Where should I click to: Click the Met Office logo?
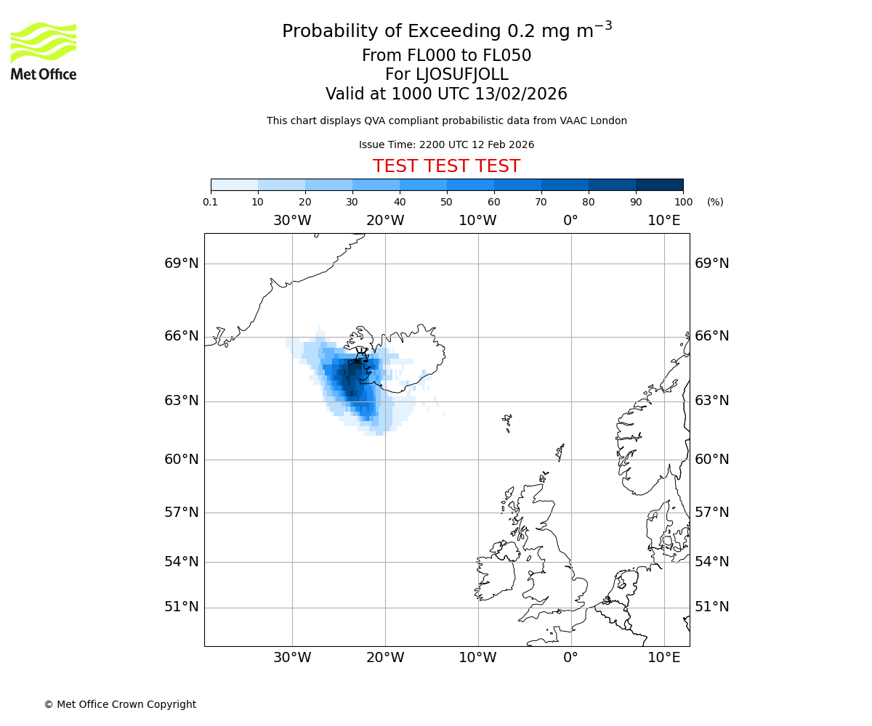(x=44, y=51)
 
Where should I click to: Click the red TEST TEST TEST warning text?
(x=446, y=166)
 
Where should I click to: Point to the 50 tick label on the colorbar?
(x=446, y=202)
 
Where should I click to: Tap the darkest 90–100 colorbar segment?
(x=659, y=184)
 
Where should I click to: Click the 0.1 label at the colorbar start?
(x=211, y=202)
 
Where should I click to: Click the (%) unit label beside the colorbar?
(x=715, y=202)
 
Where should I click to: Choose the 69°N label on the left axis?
(x=182, y=263)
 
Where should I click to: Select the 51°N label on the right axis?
(x=712, y=607)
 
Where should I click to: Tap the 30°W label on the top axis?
(x=292, y=220)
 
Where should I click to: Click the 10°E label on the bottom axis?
(x=664, y=658)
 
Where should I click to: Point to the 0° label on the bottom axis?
(x=571, y=658)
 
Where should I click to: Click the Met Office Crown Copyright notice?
(x=120, y=704)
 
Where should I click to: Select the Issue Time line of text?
(x=446, y=144)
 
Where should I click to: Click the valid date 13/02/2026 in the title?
(x=521, y=94)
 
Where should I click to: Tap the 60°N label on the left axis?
(x=182, y=459)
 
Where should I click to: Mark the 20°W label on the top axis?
(x=385, y=220)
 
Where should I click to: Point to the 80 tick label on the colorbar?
(x=588, y=202)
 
